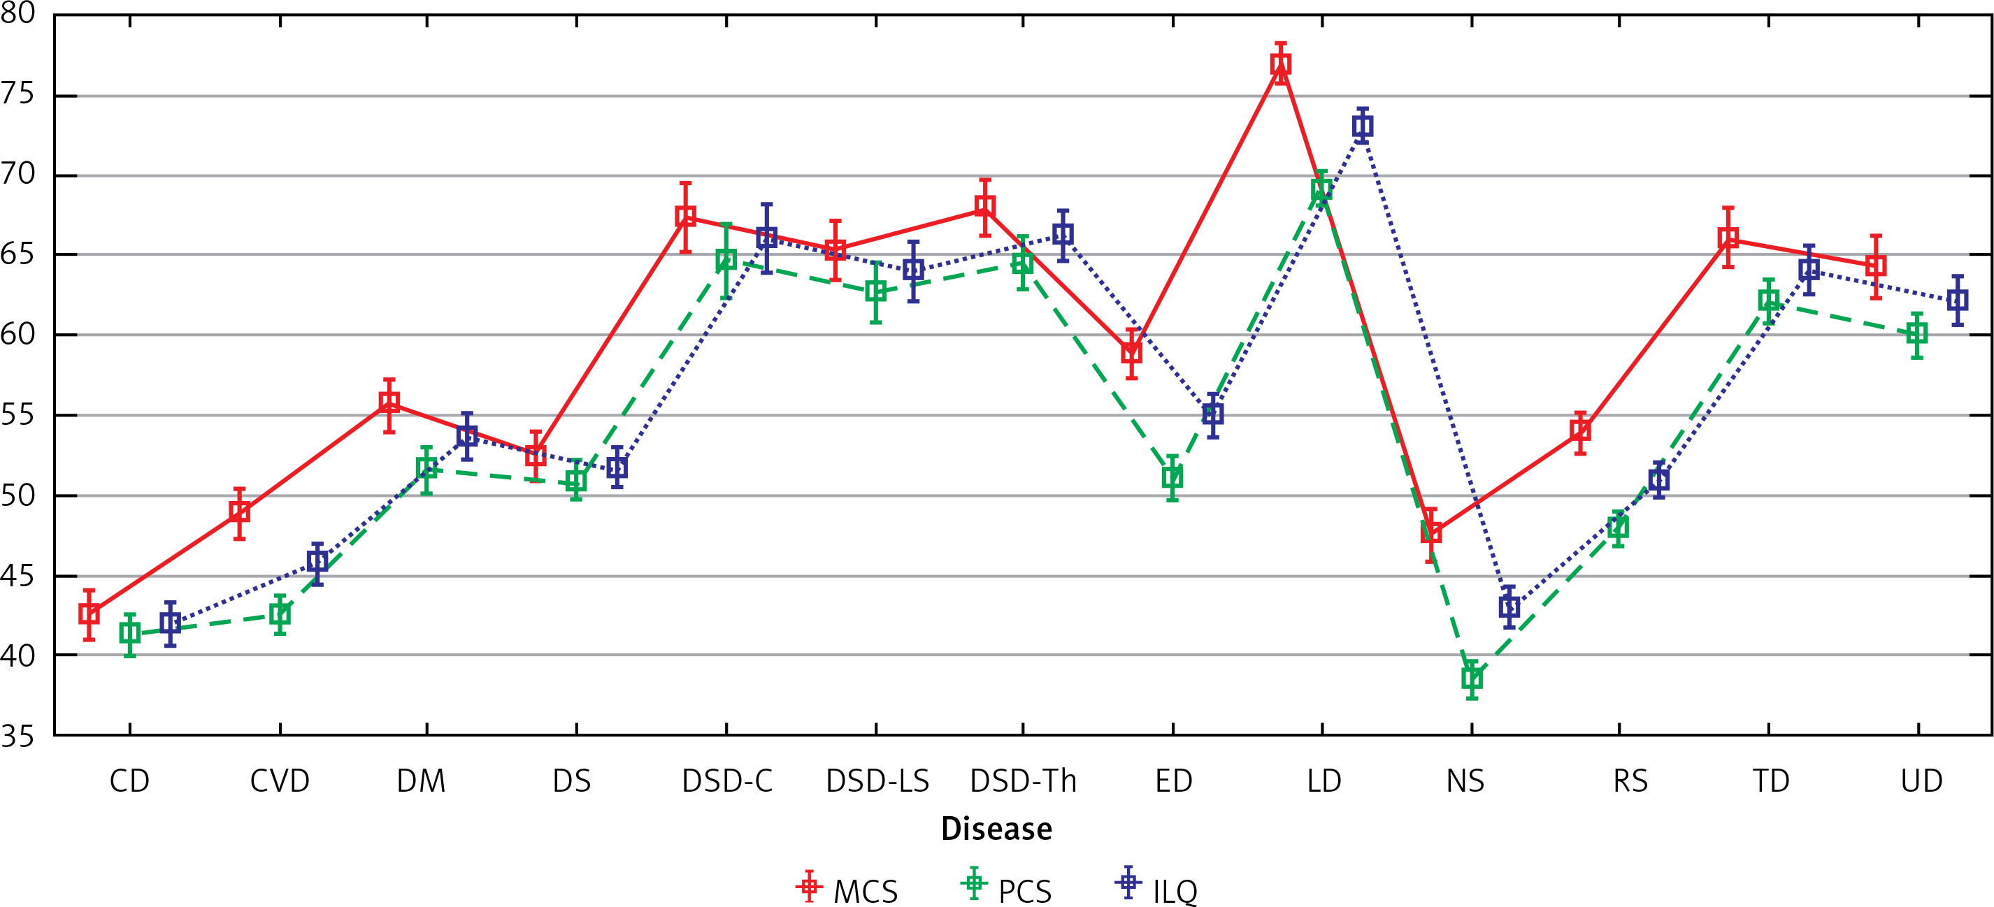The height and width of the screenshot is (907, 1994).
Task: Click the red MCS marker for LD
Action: (x=1281, y=64)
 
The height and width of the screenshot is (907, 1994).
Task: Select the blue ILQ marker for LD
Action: (x=1363, y=126)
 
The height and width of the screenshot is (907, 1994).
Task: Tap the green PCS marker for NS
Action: (x=1472, y=679)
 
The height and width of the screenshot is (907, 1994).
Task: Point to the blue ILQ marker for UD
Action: (x=1958, y=300)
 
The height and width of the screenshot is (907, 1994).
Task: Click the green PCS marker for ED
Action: (x=1172, y=477)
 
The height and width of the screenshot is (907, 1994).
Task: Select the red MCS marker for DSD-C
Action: (x=685, y=217)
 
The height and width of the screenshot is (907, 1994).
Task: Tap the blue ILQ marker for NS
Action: (x=1509, y=607)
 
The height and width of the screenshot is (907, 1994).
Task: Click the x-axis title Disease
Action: (x=996, y=829)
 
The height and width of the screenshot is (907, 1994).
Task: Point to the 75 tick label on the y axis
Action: (x=17, y=94)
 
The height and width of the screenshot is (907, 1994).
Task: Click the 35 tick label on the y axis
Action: (x=17, y=736)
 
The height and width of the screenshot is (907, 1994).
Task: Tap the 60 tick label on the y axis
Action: (x=17, y=335)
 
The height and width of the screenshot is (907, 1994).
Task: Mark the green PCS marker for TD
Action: (x=1769, y=300)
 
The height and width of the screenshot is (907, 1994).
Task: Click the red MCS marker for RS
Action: (x=1580, y=430)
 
